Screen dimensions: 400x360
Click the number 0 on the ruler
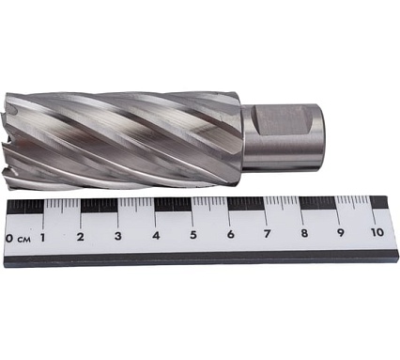tap(9, 239)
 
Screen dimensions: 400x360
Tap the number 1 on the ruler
tap(42, 238)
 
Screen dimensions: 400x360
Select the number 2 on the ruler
tap(81, 237)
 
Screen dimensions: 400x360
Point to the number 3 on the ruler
tap(118, 236)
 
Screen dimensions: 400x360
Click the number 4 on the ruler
tap(156, 235)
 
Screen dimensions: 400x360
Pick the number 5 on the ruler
tap(193, 235)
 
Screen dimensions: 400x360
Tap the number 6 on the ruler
tap(231, 234)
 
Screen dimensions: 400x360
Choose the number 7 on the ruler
tap(267, 233)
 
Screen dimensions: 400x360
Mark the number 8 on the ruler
tap(304, 233)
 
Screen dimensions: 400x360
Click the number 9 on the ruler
tap(340, 232)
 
